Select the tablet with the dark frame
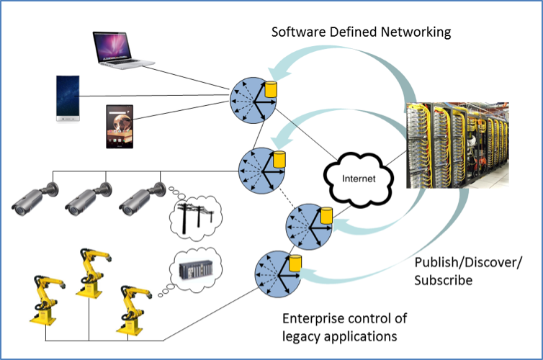pos(120,127)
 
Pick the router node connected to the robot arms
pos(276,273)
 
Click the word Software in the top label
pos(297,32)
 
